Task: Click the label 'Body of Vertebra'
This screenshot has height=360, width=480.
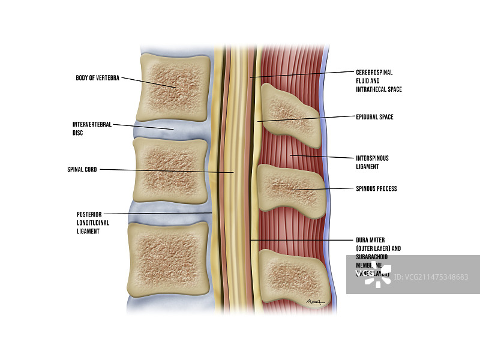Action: click(x=97, y=78)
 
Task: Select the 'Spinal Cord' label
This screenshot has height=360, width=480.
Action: click(x=82, y=170)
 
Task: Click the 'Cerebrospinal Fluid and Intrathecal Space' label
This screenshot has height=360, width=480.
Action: click(x=379, y=80)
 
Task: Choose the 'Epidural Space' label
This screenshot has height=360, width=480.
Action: click(x=374, y=117)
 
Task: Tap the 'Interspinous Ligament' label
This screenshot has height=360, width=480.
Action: click(x=372, y=162)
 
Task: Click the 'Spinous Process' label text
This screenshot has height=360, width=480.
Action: click(x=376, y=188)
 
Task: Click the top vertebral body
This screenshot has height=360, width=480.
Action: click(x=173, y=87)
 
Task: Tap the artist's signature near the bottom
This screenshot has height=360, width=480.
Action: click(x=314, y=302)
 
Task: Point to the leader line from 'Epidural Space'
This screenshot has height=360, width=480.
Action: click(x=306, y=118)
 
